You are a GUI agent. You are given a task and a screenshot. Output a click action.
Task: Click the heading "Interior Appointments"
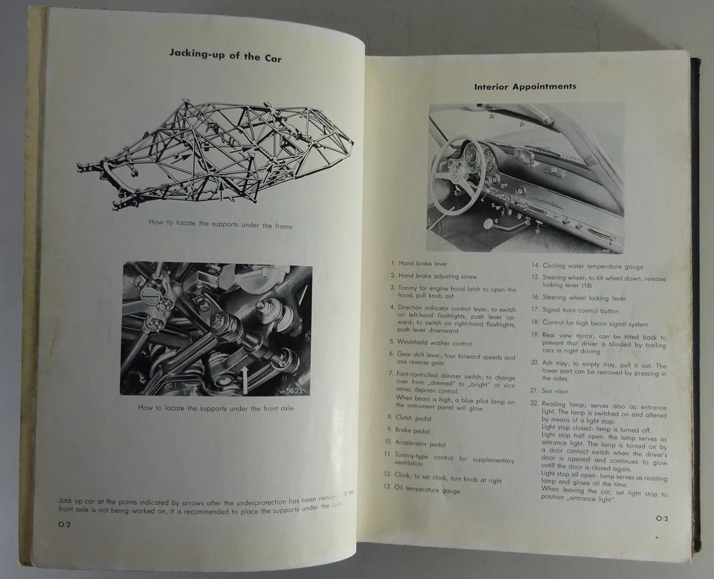point(525,87)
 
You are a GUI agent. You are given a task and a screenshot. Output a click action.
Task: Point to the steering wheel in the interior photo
point(457,175)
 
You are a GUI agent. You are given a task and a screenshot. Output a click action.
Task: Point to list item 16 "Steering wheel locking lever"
point(583,297)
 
